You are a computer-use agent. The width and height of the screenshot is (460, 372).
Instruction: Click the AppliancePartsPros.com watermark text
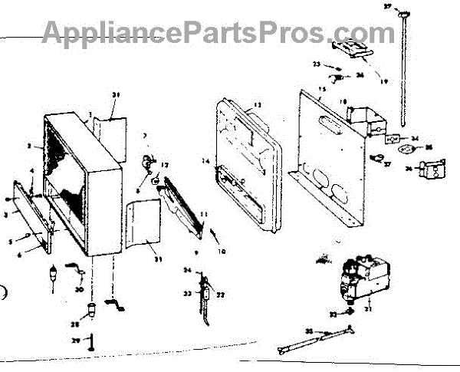point(218,32)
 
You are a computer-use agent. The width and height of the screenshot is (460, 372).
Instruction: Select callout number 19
point(384,80)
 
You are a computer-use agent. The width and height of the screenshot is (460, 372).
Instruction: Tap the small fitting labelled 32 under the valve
point(350,311)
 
